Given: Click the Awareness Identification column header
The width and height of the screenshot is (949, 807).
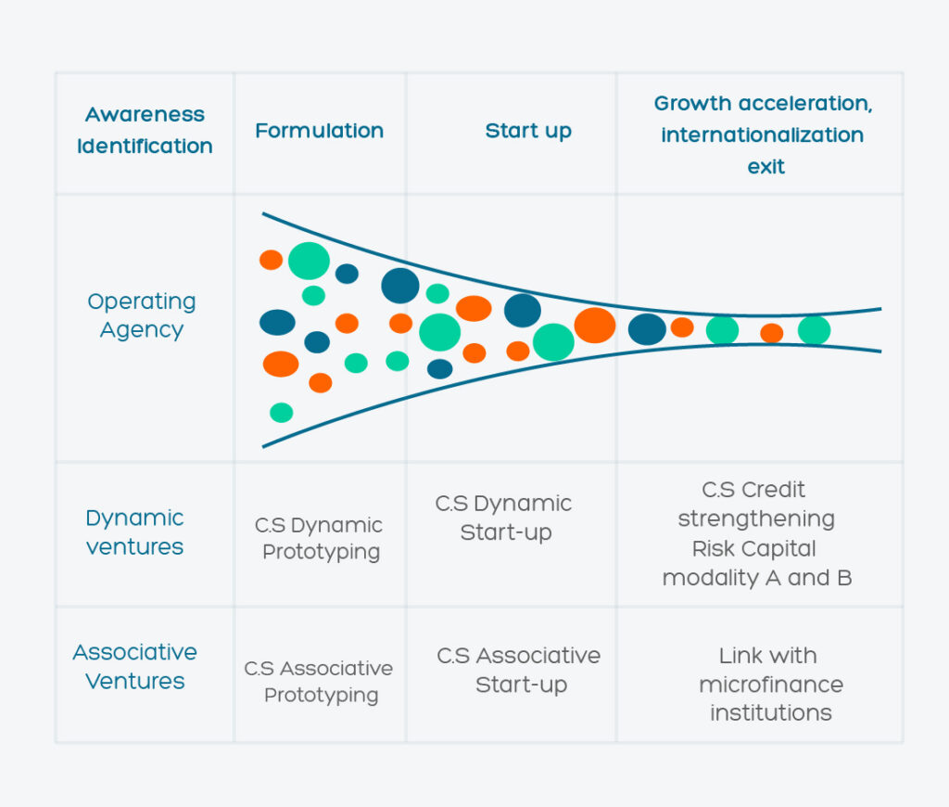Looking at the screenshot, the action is click(x=145, y=130).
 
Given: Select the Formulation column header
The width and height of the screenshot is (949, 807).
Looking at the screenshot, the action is click(x=320, y=131).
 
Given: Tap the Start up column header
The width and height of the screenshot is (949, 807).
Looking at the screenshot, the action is click(x=528, y=131).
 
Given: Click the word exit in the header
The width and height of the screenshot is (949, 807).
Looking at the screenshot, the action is click(x=766, y=167).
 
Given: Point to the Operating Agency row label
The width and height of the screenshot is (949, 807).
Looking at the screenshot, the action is click(x=142, y=315).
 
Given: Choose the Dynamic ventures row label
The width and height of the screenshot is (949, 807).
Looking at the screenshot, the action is click(x=135, y=532).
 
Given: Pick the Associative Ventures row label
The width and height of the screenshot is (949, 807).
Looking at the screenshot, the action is click(x=135, y=666).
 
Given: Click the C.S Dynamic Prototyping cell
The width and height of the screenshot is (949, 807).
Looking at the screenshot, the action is click(x=319, y=538).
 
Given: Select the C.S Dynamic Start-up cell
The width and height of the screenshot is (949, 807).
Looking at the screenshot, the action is click(x=503, y=518).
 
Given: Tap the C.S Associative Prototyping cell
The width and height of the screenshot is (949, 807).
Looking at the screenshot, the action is click(x=319, y=681).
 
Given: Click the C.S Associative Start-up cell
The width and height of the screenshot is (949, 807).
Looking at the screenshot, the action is click(x=519, y=670).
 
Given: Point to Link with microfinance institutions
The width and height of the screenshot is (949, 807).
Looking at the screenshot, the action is click(x=770, y=684).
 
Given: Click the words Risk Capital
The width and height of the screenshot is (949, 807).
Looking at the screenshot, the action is click(x=754, y=548).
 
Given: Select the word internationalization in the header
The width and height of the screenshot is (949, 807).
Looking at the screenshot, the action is click(x=762, y=134).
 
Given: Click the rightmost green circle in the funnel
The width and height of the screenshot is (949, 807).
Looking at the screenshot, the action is click(x=814, y=331).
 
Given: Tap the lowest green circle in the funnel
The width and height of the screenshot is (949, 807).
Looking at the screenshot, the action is click(x=282, y=413).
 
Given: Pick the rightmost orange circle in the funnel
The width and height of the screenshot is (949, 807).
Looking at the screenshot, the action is click(x=772, y=333).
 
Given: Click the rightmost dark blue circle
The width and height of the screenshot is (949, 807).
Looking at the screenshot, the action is click(x=647, y=329).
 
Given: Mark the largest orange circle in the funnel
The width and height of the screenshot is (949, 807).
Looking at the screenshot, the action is click(x=595, y=326).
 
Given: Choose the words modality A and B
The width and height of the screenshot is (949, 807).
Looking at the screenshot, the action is click(x=757, y=578).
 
